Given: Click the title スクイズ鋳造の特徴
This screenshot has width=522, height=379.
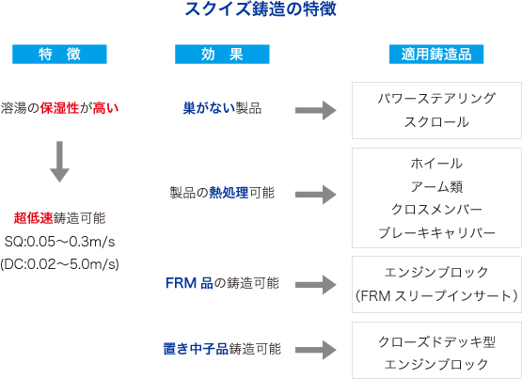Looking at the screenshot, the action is point(261,9).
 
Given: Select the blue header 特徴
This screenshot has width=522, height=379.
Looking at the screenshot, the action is point(59,54).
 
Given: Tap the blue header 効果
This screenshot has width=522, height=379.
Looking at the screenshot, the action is point(222,54).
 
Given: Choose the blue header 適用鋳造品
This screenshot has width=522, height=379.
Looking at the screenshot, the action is point(436,54).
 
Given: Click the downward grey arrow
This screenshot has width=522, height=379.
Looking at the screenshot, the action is point(59,162).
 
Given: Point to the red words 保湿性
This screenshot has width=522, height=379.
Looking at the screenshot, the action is point(59,108).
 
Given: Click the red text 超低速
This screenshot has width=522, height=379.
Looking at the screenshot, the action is point(33,218).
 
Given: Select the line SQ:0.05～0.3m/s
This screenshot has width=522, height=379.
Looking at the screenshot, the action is point(59,242).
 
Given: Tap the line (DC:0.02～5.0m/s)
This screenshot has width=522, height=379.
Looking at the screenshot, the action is point(59,264).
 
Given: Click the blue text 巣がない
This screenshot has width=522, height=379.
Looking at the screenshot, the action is point(209,108).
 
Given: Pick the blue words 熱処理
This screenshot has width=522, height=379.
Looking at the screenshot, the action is point(229,193).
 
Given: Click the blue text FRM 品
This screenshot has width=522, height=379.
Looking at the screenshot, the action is point(189,283).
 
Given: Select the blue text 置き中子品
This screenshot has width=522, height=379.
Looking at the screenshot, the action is point(196,349).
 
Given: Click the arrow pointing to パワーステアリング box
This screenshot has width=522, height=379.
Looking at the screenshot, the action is point(316,110).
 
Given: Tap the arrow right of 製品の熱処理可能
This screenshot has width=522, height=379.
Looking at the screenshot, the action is point(316,195).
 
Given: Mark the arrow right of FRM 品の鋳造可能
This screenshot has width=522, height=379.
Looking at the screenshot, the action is point(316,285).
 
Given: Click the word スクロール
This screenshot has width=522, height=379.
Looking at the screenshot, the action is point(436,122).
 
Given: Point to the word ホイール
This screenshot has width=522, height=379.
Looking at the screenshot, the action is point(436,164).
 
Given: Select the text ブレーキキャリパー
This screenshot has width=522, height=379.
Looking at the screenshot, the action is point(436,233).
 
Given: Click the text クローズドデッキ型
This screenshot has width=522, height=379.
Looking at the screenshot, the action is point(436,341).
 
